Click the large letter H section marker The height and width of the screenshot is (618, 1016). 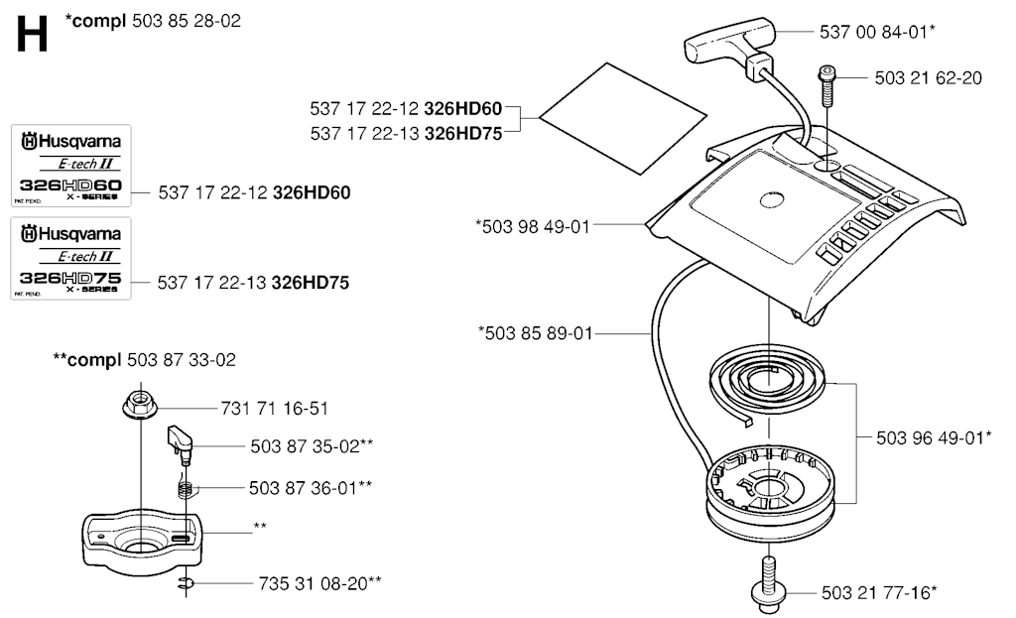(32, 35)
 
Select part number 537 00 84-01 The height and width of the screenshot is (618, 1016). (873, 32)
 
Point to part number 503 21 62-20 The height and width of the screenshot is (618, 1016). (928, 77)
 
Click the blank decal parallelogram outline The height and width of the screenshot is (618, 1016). (623, 119)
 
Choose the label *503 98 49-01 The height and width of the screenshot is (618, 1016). (533, 227)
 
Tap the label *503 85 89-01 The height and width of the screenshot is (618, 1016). (535, 333)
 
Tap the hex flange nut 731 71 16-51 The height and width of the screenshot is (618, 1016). (139, 406)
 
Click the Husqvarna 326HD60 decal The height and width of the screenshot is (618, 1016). (71, 166)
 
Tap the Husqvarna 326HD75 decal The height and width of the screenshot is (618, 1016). (70, 259)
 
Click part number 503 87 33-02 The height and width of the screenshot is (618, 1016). (182, 359)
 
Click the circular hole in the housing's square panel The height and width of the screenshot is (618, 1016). (772, 200)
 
